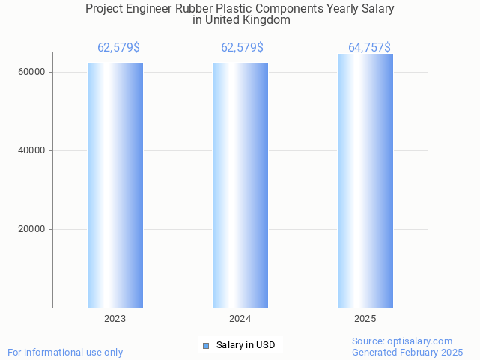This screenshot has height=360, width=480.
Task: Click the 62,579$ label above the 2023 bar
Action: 118,48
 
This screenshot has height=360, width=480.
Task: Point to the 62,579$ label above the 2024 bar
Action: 242,48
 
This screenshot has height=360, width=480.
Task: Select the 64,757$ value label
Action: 369,48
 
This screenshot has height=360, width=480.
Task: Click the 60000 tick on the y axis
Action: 31,73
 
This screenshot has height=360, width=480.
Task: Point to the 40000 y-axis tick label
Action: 31,150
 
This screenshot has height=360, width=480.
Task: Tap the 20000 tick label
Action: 31,229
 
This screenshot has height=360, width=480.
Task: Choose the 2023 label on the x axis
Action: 115,319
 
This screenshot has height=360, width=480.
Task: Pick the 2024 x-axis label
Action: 240,319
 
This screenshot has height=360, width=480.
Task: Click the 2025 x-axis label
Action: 365,319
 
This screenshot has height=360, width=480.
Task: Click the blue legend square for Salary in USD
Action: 206,345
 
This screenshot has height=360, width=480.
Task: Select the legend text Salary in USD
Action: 246,345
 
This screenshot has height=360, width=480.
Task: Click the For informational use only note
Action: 65,352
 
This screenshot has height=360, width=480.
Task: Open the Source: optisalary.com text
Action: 402,341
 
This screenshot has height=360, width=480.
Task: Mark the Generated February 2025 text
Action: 407,352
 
